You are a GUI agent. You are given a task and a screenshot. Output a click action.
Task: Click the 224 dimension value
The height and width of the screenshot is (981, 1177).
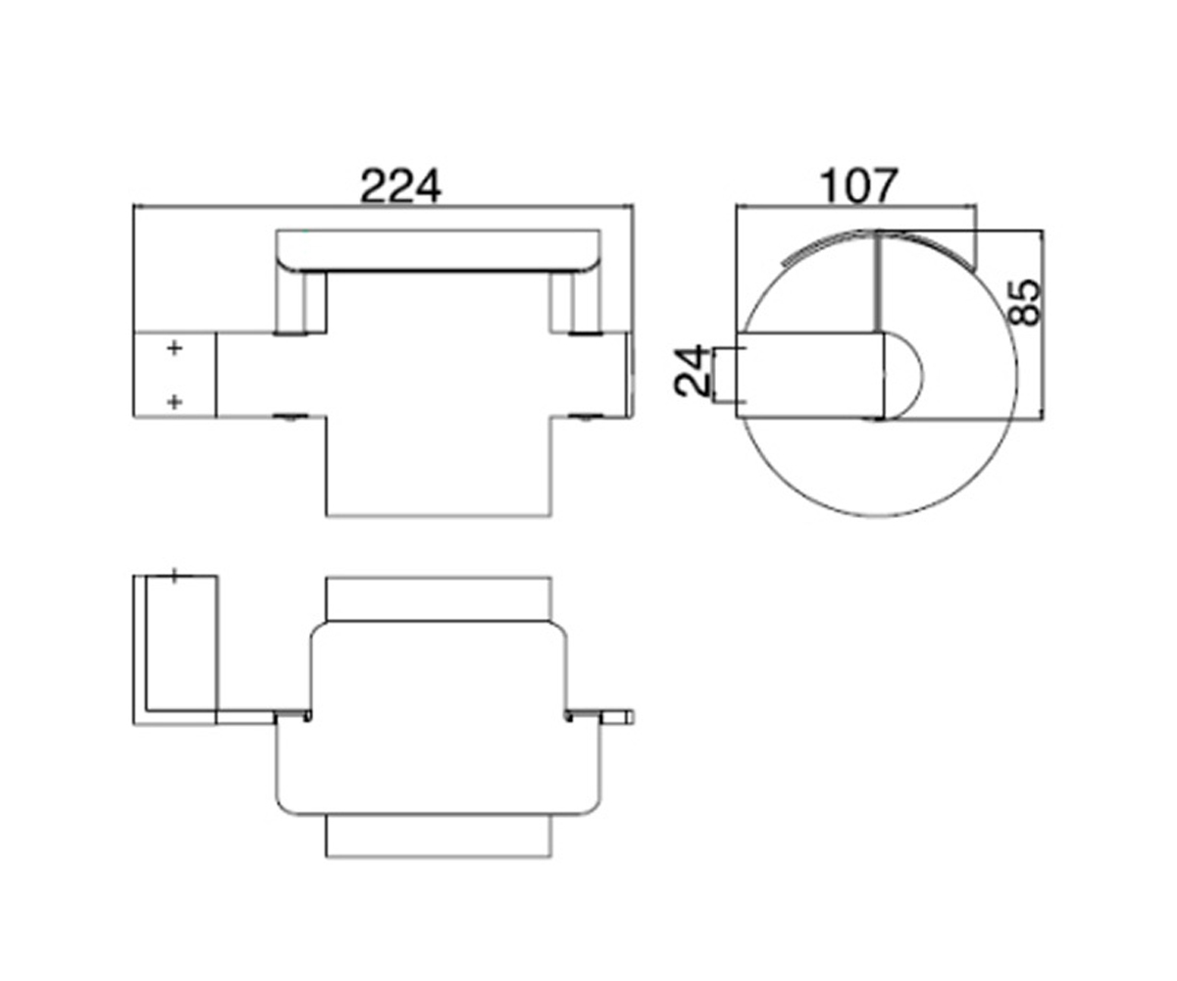click(400, 185)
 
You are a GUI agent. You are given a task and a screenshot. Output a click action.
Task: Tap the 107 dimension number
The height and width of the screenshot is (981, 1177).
click(857, 185)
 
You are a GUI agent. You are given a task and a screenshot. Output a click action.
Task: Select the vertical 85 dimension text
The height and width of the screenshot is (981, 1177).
click(1024, 302)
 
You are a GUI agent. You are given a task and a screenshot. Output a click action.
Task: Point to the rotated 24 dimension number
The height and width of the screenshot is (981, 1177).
click(692, 371)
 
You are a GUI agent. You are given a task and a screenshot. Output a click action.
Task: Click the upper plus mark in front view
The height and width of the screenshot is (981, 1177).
click(175, 348)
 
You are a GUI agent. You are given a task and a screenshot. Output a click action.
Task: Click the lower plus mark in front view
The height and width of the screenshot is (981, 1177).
click(175, 402)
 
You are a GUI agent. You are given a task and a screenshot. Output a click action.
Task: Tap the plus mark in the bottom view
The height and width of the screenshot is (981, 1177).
click(175, 576)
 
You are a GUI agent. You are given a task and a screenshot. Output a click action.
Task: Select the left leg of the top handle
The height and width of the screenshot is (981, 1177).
click(300, 303)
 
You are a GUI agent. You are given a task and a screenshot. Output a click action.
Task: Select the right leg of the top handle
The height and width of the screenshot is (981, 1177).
click(576, 303)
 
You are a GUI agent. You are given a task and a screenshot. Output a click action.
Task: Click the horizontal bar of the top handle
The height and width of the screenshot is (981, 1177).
click(438, 251)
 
